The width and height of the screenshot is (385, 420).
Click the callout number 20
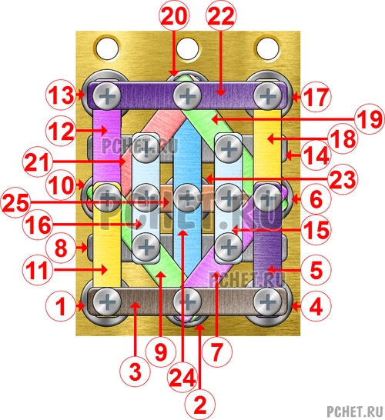(174, 15)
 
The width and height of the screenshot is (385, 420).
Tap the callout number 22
(221, 15)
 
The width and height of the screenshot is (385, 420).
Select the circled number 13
(61, 95)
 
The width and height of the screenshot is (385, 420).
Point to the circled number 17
(316, 96)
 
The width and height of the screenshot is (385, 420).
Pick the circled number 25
(16, 202)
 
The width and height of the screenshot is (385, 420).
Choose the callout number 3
(135, 372)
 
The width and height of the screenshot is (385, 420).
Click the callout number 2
(199, 405)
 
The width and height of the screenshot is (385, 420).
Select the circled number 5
(316, 270)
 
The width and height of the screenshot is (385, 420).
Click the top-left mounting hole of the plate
(107, 49)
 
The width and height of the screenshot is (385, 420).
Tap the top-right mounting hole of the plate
(268, 49)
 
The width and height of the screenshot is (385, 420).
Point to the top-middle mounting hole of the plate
(188, 49)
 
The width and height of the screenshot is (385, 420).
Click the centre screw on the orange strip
(187, 198)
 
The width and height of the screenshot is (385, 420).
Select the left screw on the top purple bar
(107, 96)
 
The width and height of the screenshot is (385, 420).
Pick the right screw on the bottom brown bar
(267, 302)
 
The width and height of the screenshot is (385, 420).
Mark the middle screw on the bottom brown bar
(188, 302)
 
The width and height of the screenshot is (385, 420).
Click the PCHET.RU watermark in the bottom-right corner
(354, 411)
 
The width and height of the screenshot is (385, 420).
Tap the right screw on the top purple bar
(267, 96)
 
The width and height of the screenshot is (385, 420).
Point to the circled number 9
(161, 351)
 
